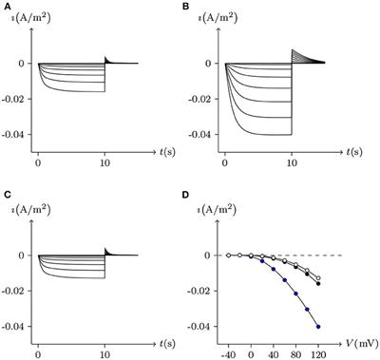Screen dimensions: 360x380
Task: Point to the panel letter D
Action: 198,197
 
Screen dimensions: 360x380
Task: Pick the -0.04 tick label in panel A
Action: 20,134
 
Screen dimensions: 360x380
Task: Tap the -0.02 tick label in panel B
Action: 205,99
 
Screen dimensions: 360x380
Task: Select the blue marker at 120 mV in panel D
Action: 318,327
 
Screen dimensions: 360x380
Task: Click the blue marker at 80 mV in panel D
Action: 295,294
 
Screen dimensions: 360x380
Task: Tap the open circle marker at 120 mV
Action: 318,278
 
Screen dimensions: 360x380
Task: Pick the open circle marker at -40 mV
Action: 228,256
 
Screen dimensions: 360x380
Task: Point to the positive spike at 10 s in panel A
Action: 105,57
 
